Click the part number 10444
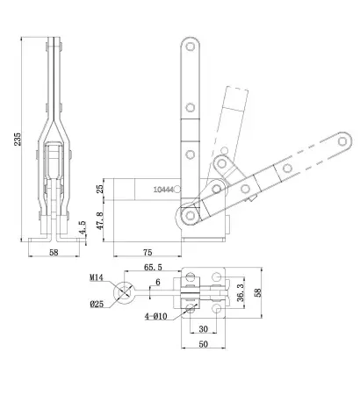162,188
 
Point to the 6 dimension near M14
157,281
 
